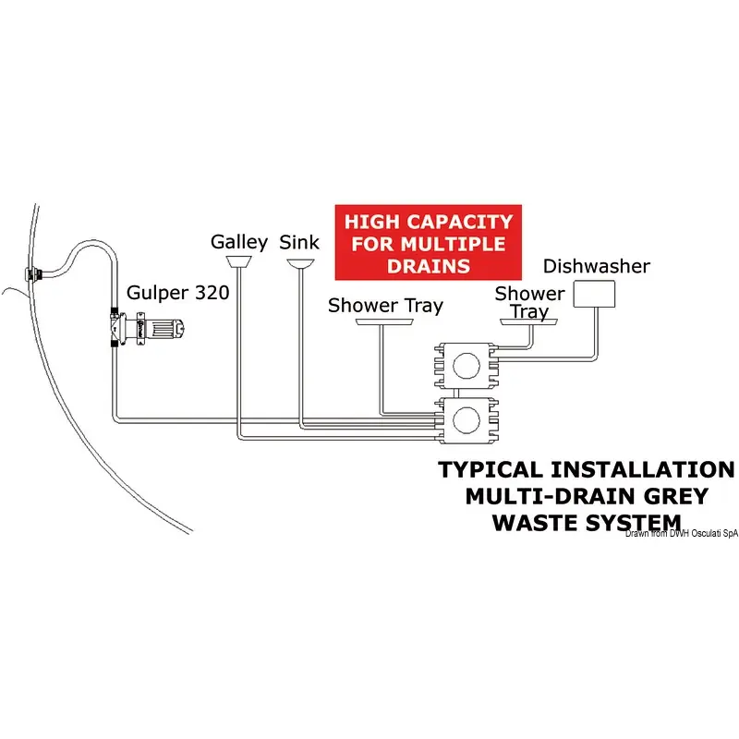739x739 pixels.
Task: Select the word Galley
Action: coord(239,242)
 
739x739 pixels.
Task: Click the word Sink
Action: coord(299,242)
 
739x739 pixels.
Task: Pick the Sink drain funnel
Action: coord(299,265)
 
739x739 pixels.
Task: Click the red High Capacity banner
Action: coord(428,243)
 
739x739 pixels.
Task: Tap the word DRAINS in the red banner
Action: coord(428,266)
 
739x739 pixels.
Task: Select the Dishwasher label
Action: coord(596,267)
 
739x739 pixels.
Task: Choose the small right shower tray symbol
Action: coord(529,322)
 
